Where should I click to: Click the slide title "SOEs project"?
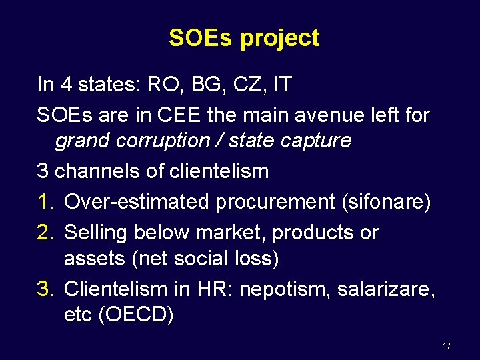point(244,38)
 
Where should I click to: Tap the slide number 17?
point(446,346)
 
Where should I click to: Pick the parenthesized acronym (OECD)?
point(135,315)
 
